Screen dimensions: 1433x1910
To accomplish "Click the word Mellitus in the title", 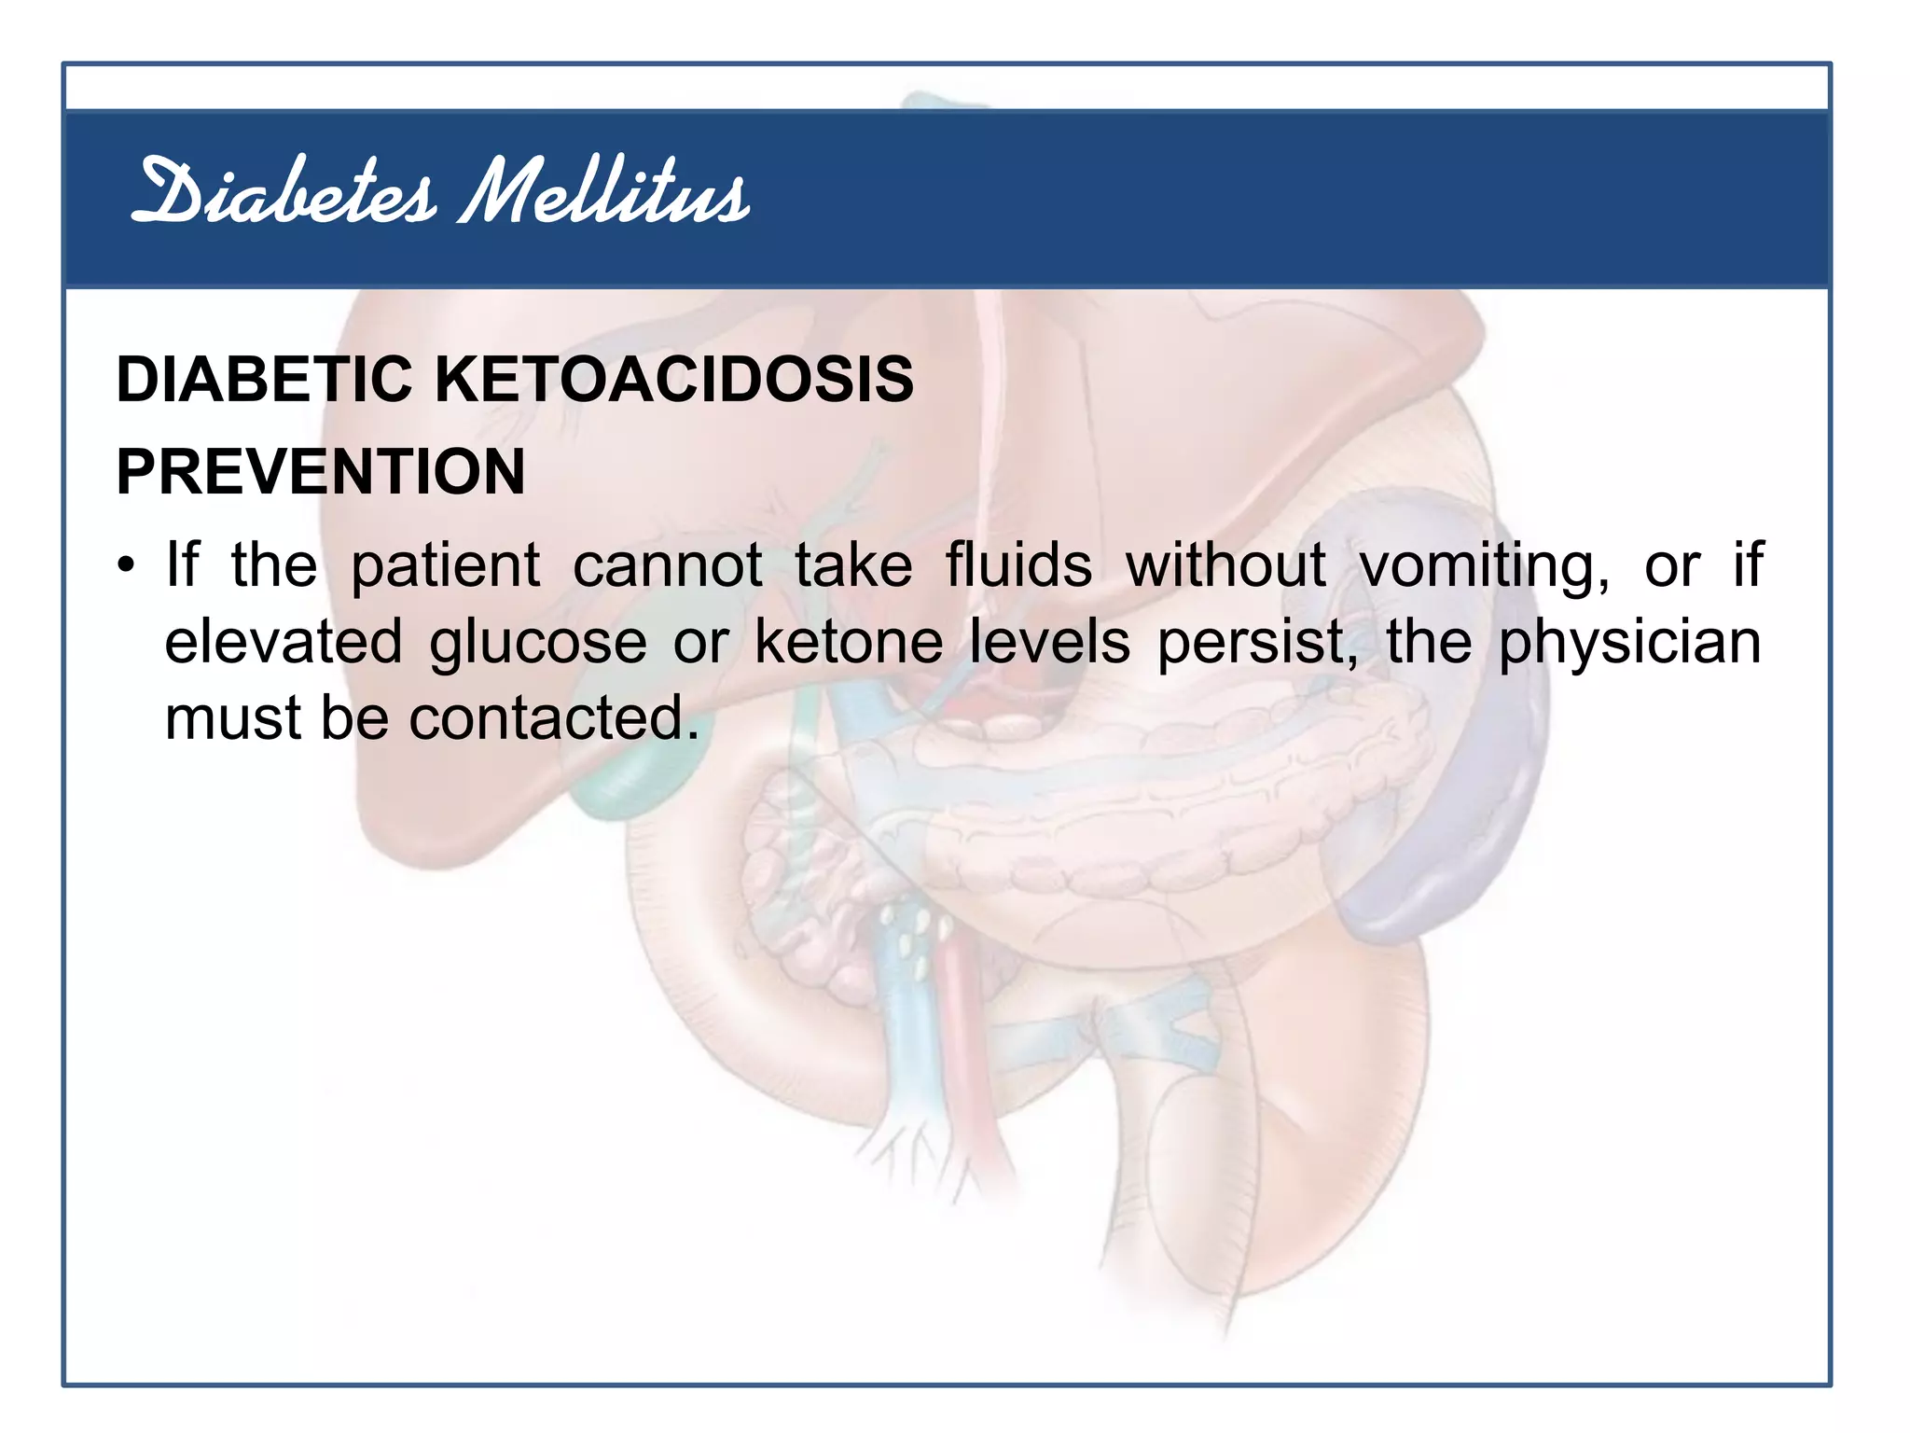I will point(604,193).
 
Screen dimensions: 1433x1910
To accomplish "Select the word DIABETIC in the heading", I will point(265,380).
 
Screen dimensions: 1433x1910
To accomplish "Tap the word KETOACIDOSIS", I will point(674,380).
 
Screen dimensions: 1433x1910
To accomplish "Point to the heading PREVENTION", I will point(321,471).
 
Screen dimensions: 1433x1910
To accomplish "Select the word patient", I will point(445,565).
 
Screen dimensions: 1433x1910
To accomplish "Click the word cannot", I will point(668,565).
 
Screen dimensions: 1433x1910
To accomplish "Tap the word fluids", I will point(1018,565).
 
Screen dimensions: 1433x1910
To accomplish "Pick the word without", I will point(1225,565).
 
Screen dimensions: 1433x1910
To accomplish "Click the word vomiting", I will point(1483,567).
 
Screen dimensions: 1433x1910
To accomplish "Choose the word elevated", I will point(284,642).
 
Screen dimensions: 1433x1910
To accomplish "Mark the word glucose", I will point(538,644).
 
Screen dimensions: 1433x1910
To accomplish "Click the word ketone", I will point(849,642).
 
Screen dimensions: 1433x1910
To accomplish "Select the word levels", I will point(1049,642).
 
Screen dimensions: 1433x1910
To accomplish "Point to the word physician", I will point(1629,644).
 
